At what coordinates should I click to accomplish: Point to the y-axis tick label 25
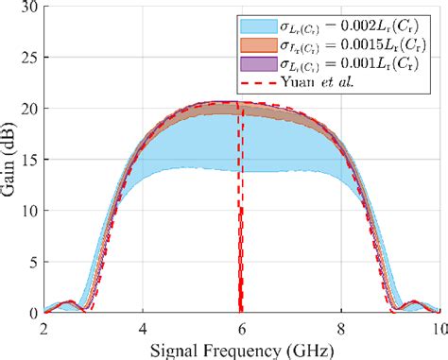28,60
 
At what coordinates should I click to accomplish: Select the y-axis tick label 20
28,110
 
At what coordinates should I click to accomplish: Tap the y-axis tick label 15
28,161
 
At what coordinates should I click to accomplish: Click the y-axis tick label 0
32,312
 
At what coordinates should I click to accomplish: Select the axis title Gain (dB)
10,161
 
